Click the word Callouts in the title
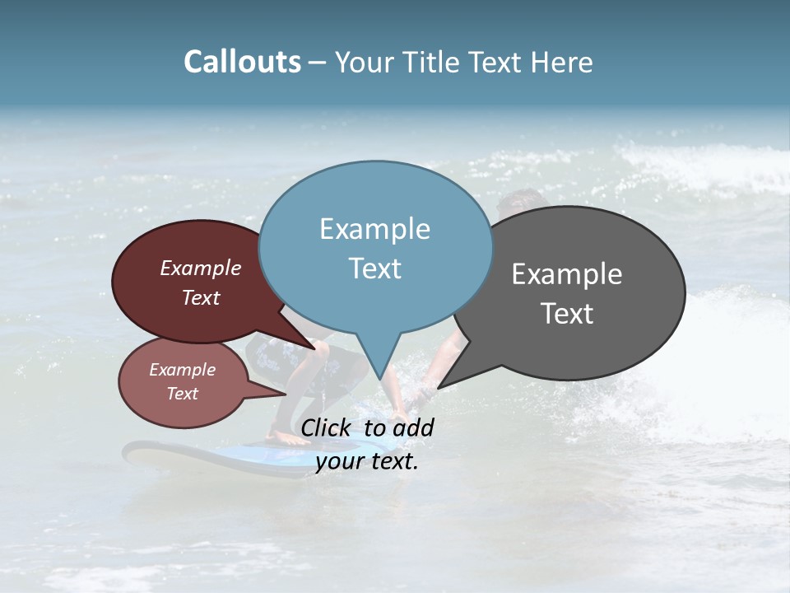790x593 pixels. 242,62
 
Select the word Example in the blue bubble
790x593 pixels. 374,229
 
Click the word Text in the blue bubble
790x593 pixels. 374,268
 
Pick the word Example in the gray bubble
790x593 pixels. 567,274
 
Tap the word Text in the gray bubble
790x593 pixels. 567,314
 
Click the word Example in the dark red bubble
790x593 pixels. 200,268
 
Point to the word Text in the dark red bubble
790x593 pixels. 200,297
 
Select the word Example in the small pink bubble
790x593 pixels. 182,370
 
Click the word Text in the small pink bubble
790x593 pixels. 182,394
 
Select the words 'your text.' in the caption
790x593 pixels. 366,462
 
